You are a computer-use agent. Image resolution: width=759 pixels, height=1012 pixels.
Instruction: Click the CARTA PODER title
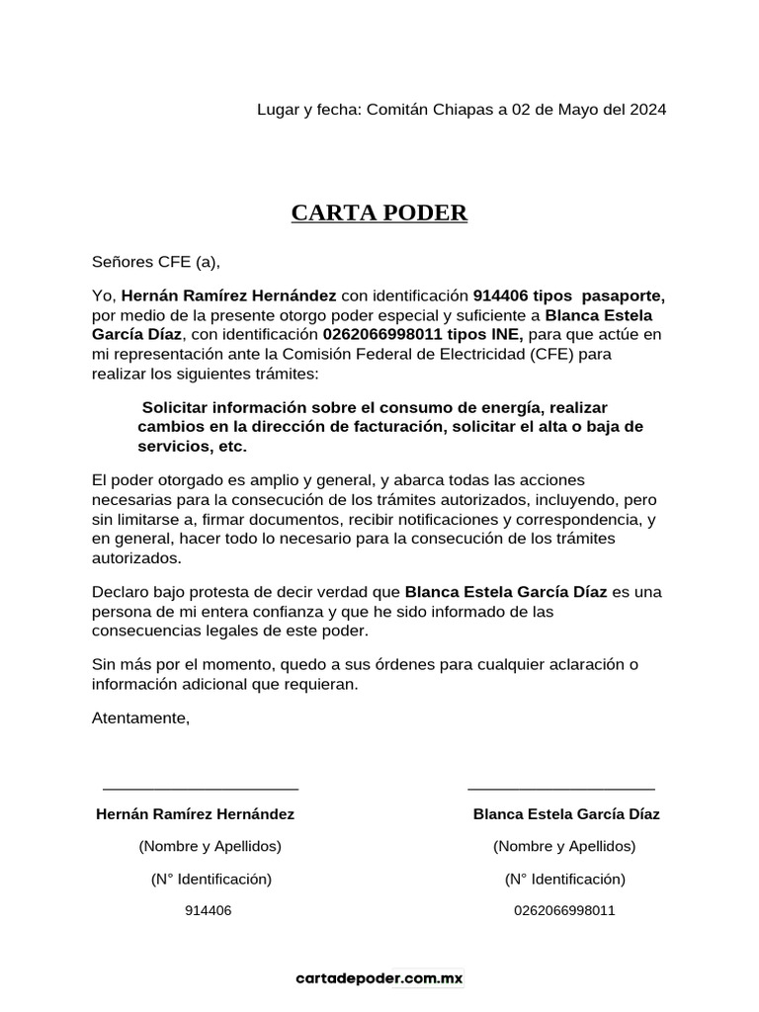pos(379,213)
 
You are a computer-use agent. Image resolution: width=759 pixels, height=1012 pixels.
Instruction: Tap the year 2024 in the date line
pos(647,110)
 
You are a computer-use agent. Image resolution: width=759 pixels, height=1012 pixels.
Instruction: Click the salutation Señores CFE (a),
pos(156,262)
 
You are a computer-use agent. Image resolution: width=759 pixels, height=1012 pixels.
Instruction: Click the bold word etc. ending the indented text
pos(229,447)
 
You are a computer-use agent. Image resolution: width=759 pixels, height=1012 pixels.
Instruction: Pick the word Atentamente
pos(140,718)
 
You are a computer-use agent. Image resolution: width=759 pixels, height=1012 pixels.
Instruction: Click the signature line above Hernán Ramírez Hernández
pos(201,788)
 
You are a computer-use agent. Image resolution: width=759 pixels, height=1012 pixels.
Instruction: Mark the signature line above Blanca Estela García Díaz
pos(560,788)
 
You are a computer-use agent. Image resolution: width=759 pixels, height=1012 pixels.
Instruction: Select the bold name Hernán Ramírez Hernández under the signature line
pos(195,814)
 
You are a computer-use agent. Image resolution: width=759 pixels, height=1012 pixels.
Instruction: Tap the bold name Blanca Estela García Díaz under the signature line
pos(566,814)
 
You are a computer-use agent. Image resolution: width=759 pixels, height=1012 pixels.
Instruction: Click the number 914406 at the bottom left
pos(209,910)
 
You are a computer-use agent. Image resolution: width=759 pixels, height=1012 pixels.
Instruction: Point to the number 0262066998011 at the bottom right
pos(564,910)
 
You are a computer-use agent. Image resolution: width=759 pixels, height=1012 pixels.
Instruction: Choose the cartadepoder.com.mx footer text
pos(379,978)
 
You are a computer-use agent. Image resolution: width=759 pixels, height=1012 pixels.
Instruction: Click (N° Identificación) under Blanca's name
pos(564,879)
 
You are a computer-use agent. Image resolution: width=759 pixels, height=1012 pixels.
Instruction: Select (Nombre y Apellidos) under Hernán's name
pos(210,846)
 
